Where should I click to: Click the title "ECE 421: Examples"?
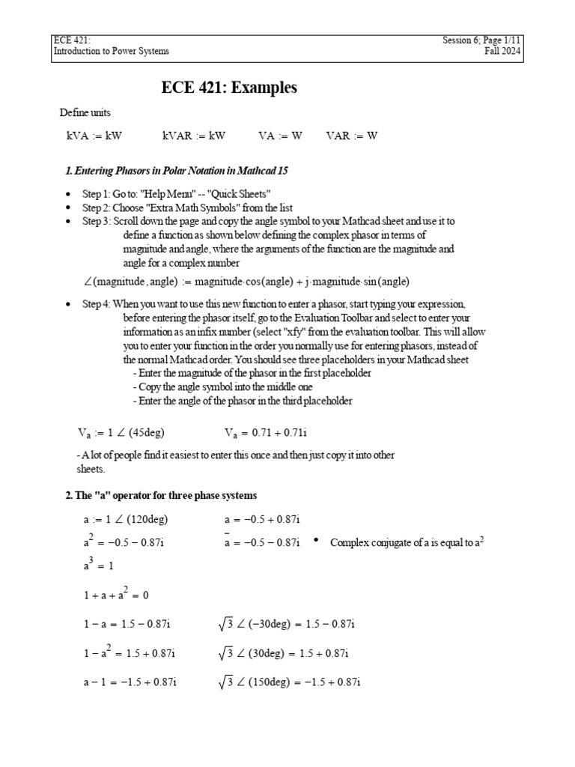[x=229, y=88]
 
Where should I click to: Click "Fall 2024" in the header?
[x=503, y=51]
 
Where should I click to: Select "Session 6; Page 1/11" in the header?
[x=481, y=40]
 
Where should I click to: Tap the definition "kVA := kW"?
[x=94, y=136]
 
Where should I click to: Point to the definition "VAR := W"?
[x=352, y=136]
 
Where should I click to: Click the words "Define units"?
[x=85, y=112]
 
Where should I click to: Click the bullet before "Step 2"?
[x=68, y=207]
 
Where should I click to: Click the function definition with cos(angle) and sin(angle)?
[x=247, y=281]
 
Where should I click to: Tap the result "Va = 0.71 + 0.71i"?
[x=270, y=432]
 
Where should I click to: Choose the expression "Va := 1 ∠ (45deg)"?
[x=121, y=432]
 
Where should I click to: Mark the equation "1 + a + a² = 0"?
[x=116, y=595]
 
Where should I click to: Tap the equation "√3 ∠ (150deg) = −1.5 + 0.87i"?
[x=290, y=682]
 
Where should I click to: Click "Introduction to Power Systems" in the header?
[x=111, y=51]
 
